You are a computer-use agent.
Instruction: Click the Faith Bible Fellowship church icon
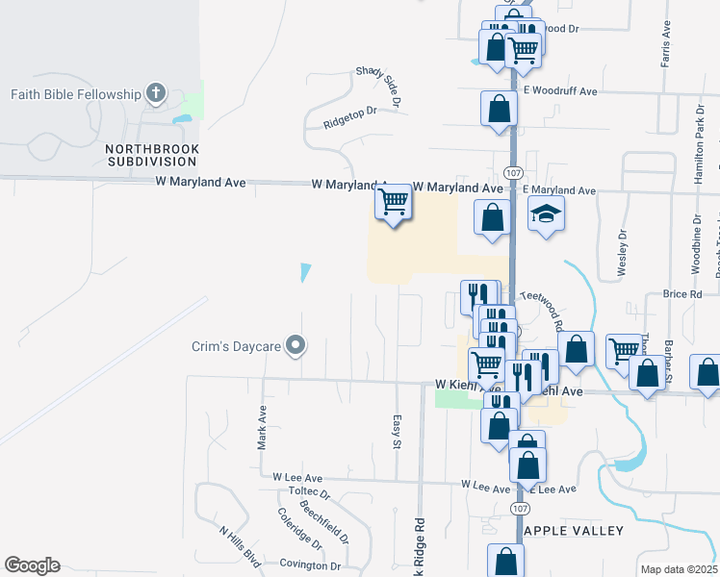tap(156, 94)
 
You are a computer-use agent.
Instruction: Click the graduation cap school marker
tap(546, 215)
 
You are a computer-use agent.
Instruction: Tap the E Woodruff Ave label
tap(561, 91)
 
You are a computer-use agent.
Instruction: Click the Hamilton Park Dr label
tap(699, 141)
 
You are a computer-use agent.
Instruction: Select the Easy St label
tap(396, 432)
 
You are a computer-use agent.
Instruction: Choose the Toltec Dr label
tap(309, 491)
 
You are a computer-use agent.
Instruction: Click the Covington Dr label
tap(310, 565)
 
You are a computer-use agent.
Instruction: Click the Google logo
tap(32, 565)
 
